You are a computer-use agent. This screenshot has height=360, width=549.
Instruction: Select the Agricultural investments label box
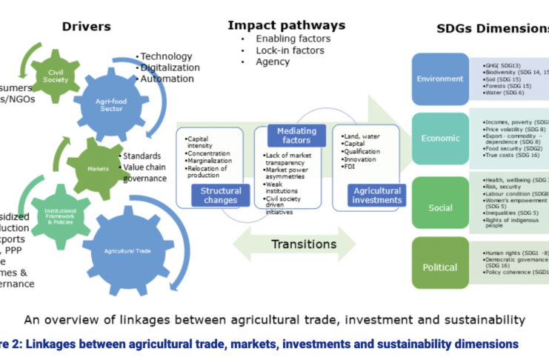tap(378, 195)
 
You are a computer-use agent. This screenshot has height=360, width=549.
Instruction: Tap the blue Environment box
tap(440, 79)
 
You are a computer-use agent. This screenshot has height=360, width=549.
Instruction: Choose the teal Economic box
tap(440, 139)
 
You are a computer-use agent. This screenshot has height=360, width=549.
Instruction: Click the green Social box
tap(440, 207)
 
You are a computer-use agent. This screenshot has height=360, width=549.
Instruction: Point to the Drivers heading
tap(86, 27)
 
